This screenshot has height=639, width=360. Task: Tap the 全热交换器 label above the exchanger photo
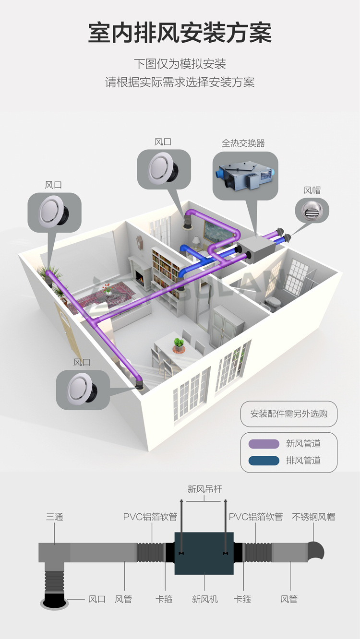tap(243, 143)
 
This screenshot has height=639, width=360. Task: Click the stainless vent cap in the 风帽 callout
tap(311, 211)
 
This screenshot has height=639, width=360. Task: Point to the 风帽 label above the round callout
tap(312, 190)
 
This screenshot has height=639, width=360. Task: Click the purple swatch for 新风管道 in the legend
tap(264, 444)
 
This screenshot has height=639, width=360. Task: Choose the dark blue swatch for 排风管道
tap(264, 461)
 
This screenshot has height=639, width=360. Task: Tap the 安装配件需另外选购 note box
tap(288, 414)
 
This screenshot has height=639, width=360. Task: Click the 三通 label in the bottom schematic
tap(55, 517)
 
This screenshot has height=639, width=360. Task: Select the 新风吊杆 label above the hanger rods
tap(204, 489)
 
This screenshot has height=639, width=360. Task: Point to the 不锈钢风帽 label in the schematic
tap(313, 517)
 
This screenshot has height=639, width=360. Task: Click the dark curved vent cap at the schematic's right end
tap(316, 552)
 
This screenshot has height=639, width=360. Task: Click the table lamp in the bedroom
tap(196, 242)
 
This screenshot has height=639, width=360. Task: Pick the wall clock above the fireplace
tap(139, 242)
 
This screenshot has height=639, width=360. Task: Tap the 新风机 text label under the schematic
tap(204, 599)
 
